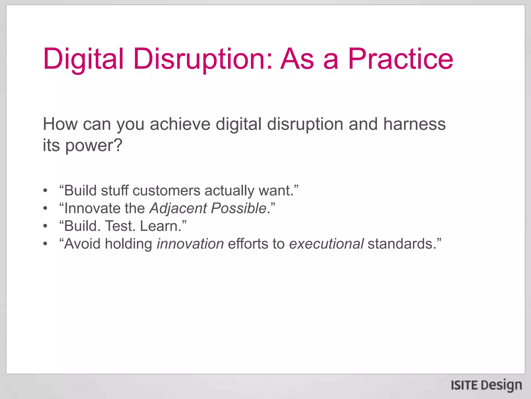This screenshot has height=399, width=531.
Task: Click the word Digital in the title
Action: pos(83,59)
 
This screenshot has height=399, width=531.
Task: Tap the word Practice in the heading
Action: pos(400,59)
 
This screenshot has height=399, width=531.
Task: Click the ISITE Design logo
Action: pos(486,385)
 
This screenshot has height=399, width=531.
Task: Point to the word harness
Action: pos(414,124)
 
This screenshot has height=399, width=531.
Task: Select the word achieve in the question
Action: pos(180,124)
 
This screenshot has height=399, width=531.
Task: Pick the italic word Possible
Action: pos(239,209)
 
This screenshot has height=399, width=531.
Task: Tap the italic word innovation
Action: pos(190,244)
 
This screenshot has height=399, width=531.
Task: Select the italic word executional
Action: pos(326,244)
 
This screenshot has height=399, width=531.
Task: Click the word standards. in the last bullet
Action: pos(402,244)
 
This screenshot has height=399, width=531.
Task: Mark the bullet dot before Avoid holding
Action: pos(45,244)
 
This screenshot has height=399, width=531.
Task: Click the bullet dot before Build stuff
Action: pos(45,191)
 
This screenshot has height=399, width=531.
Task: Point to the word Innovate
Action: pos(92,209)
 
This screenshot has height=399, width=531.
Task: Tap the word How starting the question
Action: pos(60,124)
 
